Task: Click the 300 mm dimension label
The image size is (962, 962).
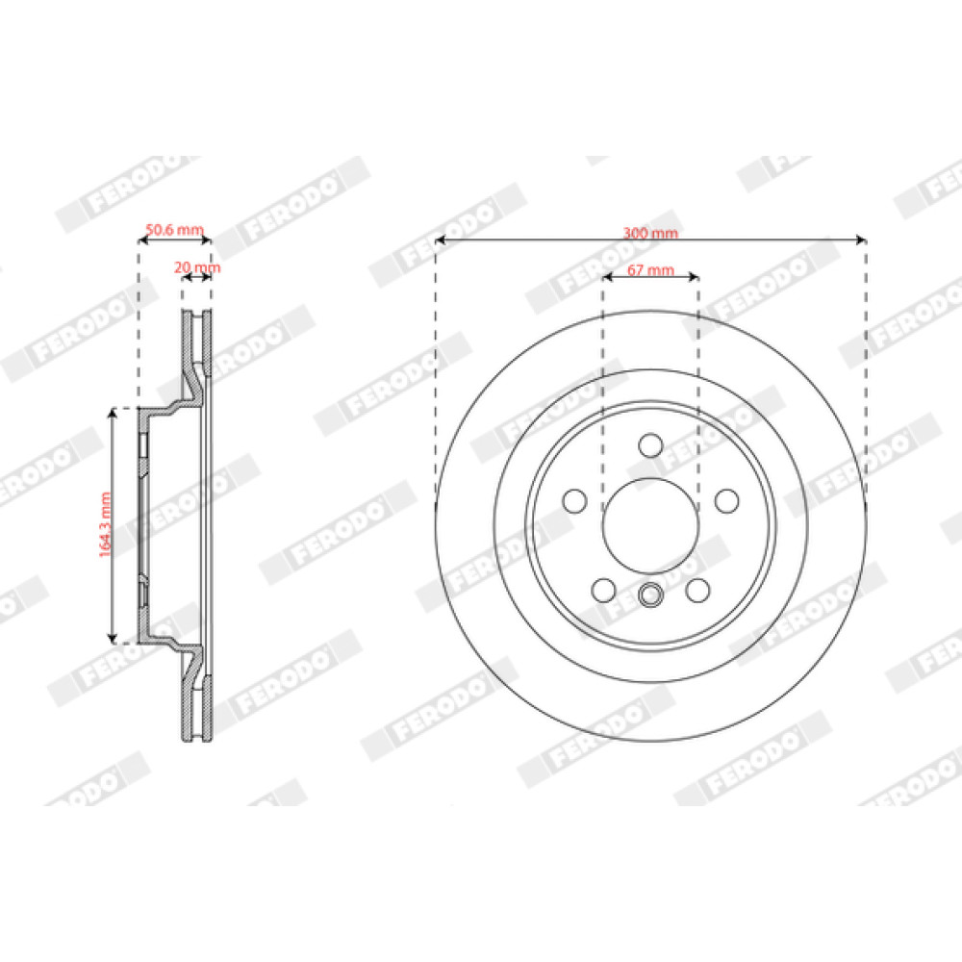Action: tap(651, 233)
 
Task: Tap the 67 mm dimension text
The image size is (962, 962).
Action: tap(651, 270)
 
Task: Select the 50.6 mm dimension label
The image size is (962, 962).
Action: tap(174, 230)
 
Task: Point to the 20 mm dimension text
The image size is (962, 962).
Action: tap(197, 267)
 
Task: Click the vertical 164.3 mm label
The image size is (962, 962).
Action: tap(106, 524)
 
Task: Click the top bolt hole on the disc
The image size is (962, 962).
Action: tap(651, 445)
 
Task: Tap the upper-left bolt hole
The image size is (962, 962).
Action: tap(575, 500)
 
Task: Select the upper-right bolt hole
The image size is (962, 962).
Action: tap(727, 500)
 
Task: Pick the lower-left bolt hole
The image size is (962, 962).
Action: tap(604, 591)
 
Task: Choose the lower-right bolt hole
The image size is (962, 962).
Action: tap(698, 591)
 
